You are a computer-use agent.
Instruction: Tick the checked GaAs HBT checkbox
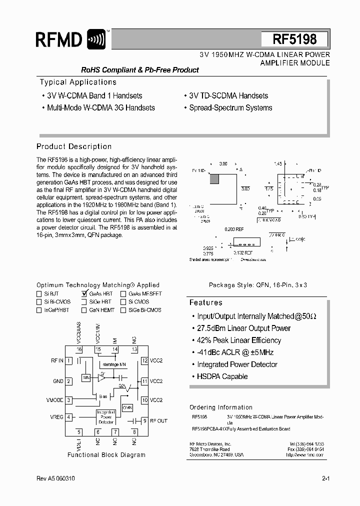pos(84,294)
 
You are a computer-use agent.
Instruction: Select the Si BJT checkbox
pos(39,294)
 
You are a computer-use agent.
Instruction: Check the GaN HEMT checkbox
pos(84,310)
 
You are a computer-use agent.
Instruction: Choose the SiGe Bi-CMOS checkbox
pos(123,310)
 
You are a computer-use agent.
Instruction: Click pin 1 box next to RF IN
pos(68,360)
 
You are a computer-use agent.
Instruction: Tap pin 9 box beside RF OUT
pos(145,420)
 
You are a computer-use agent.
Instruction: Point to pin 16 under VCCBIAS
pos(79,349)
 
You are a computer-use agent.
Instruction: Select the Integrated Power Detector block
pos(105,416)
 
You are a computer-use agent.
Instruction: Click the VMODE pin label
pos(54,400)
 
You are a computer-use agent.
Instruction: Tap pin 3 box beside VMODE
pos(68,400)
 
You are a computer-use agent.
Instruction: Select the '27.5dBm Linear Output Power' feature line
pos(243,328)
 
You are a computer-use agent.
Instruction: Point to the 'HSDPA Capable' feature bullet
pos(222,376)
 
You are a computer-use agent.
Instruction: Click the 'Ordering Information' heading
pos(221,407)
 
